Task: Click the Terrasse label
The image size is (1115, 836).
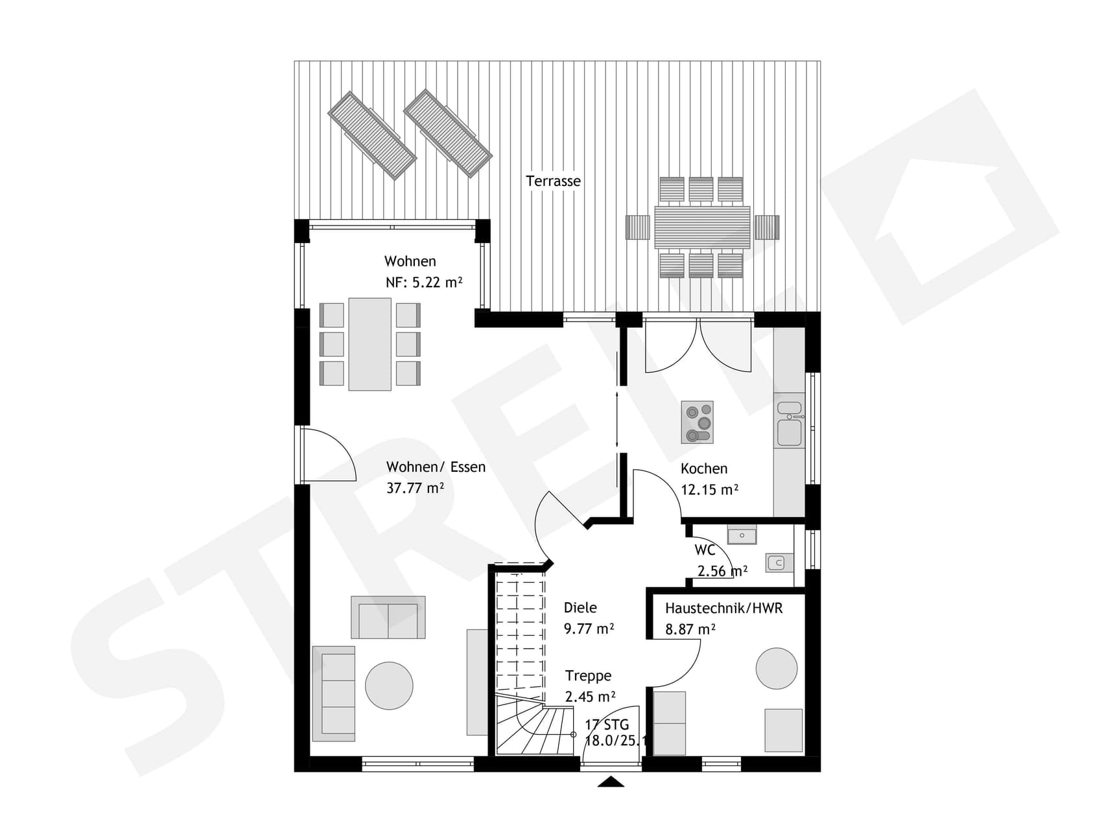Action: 553,181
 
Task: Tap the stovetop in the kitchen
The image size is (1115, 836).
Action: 697,422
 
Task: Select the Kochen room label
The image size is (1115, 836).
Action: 703,469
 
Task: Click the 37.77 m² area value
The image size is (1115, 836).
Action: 415,488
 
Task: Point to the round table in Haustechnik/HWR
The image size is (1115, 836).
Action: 777,668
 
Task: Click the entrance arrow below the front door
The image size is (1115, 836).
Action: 611,782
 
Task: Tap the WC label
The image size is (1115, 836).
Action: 705,550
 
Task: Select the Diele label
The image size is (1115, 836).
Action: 580,608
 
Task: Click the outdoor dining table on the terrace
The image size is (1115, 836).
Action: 702,227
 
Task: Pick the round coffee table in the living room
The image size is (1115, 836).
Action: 389,686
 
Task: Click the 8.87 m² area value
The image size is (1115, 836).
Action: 690,629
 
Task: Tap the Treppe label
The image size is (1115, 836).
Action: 588,676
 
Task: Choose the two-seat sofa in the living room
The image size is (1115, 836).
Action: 388,618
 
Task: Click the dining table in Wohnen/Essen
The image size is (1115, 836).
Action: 370,344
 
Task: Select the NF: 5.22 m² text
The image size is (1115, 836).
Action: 424,283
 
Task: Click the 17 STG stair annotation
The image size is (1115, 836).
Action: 607,725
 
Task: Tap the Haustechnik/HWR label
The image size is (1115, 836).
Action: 723,609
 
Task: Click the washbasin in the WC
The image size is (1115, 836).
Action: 742,536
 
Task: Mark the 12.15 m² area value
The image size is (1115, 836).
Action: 709,490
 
